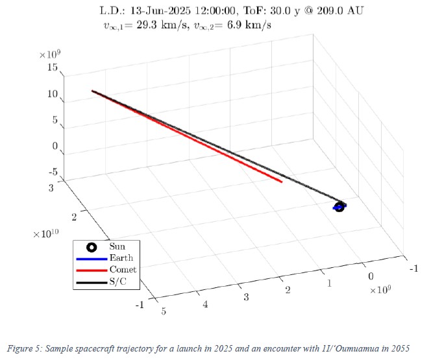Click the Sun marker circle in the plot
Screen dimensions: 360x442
pyautogui.click(x=338, y=207)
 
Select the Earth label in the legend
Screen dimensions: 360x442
pyautogui.click(x=121, y=258)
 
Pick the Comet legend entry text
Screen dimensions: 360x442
pyautogui.click(x=123, y=269)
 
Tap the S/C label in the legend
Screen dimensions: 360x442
pyautogui.click(x=119, y=280)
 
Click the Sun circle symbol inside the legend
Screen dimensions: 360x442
pyautogui.click(x=92, y=246)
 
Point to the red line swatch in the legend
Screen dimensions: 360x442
pyautogui.click(x=92, y=269)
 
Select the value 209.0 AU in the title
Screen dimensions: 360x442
pyautogui.click(x=340, y=11)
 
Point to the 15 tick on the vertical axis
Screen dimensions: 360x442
pyautogui.click(x=53, y=67)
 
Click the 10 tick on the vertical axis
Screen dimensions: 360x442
pyautogui.click(x=53, y=94)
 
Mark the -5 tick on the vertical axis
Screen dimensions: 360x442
pyautogui.click(x=53, y=172)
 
